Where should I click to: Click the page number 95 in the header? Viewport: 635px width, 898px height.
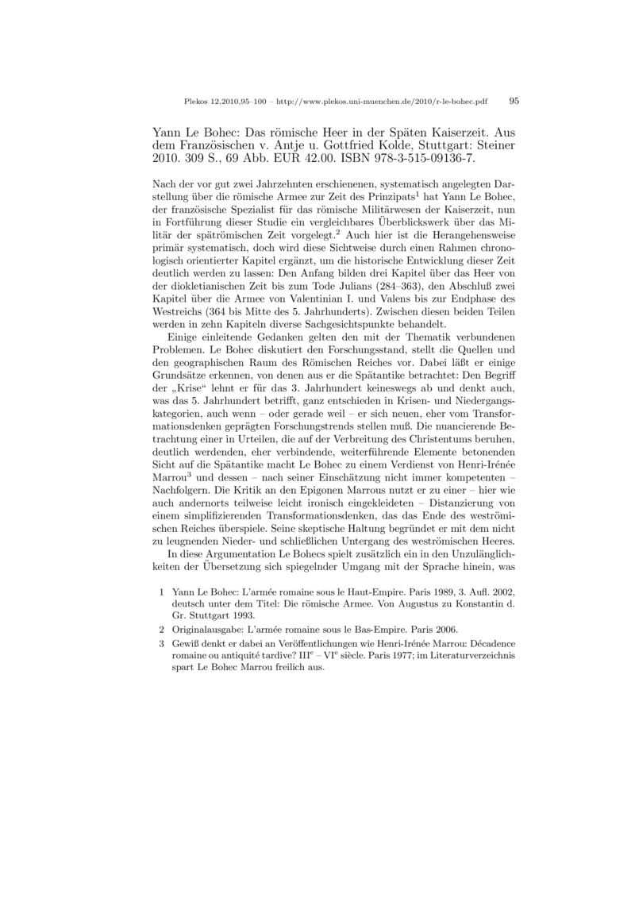[x=514, y=102]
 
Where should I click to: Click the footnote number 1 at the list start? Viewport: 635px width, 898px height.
[x=162, y=592]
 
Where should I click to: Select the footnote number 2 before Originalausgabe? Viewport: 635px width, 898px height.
[x=162, y=629]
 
